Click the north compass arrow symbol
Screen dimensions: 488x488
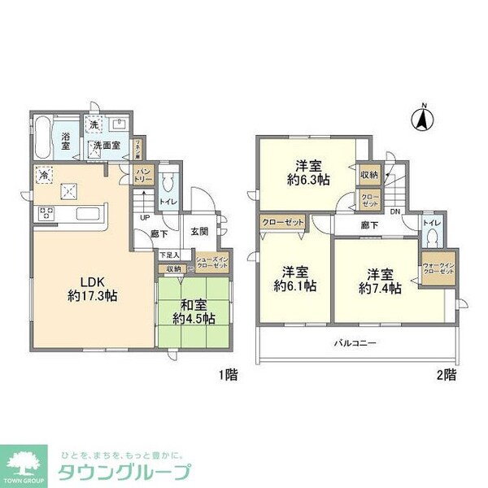coord(422,120)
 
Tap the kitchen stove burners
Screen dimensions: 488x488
coord(45,215)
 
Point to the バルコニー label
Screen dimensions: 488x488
coord(355,343)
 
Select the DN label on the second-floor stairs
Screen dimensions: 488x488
coord(395,213)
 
